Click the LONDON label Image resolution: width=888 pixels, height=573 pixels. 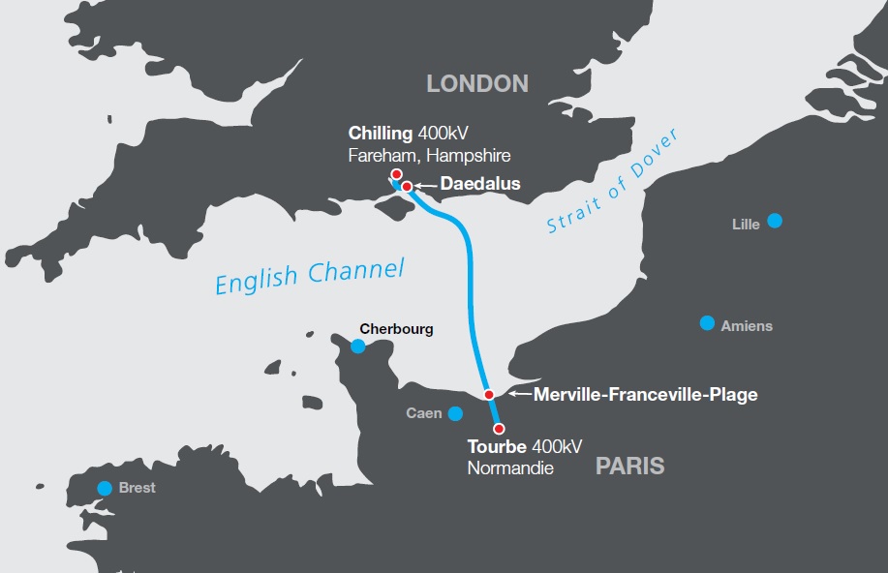coord(477,83)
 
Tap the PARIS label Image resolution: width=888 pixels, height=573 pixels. coord(629,467)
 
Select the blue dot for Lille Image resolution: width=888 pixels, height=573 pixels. coord(775,221)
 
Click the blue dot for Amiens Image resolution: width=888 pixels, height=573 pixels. coord(707,322)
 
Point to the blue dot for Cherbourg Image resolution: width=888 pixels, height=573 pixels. coord(358,346)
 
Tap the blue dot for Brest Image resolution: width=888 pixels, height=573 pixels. coord(104,488)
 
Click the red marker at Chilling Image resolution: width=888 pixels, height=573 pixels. coord(396,174)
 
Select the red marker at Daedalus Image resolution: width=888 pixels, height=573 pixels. coord(408,186)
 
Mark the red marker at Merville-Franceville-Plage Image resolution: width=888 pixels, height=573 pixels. coord(489,394)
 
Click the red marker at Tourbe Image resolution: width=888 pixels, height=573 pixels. coord(499,428)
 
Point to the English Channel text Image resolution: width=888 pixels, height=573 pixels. coord(309,276)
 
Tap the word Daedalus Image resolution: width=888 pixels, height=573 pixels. coord(480,183)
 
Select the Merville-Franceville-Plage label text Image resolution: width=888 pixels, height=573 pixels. coord(645,394)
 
